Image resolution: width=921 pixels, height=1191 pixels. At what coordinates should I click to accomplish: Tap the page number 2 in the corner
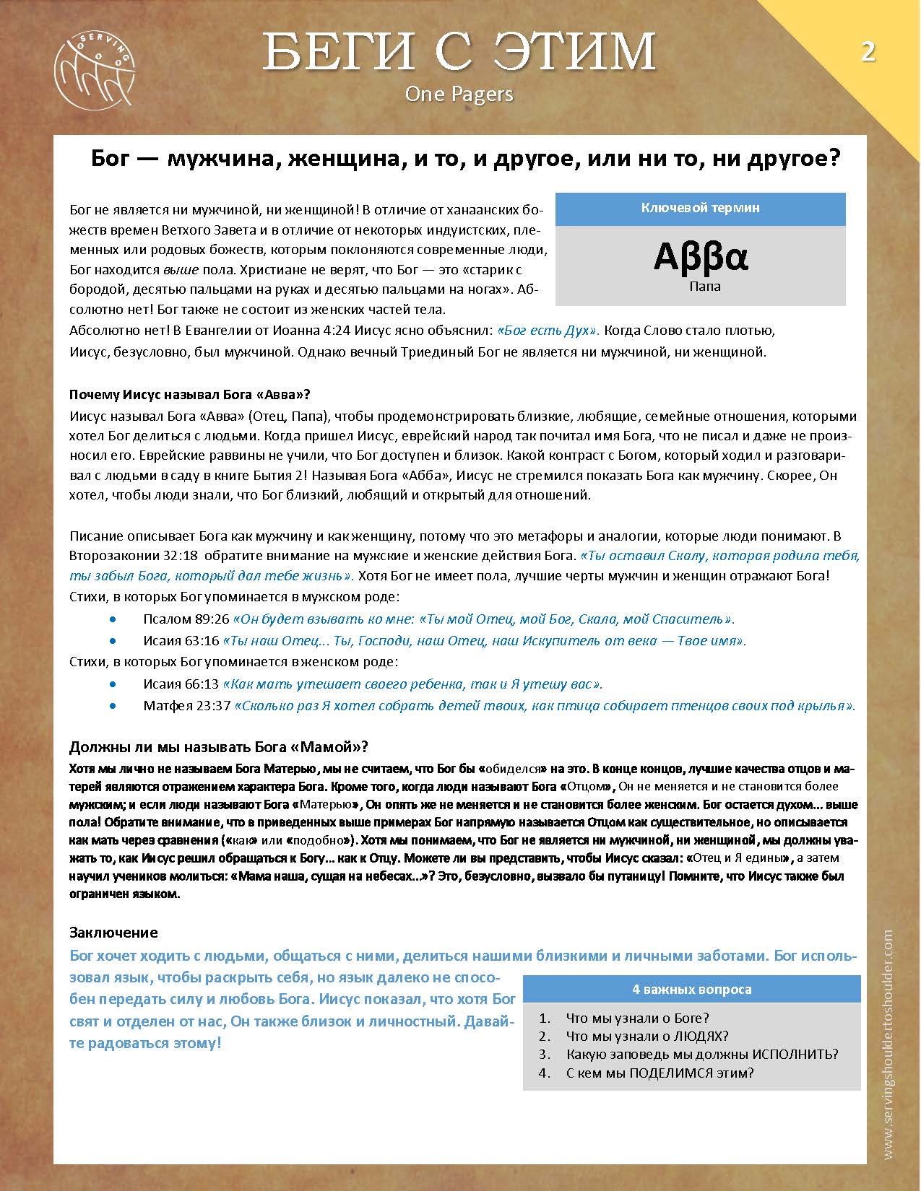867,52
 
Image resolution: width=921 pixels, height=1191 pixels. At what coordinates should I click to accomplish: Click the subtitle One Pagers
459,93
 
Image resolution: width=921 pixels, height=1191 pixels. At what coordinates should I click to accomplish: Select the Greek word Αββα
700,257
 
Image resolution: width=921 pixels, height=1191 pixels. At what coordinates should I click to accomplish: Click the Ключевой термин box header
700,208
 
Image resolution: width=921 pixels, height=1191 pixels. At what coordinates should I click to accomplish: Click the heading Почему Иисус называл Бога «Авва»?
189,395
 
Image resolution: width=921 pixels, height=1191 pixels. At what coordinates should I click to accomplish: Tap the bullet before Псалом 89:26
112,619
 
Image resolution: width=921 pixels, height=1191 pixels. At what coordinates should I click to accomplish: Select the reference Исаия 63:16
181,641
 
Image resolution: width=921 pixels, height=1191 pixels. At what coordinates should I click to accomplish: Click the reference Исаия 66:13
181,684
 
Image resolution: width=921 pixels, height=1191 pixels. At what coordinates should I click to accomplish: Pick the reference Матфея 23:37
186,706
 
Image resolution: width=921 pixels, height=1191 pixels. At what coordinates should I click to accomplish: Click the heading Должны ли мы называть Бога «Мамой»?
219,746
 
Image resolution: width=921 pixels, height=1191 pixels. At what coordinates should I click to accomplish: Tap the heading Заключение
113,932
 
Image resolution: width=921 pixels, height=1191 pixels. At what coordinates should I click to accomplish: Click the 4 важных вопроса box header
691,989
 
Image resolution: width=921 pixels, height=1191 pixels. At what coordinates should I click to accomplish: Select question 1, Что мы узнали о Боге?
637,1018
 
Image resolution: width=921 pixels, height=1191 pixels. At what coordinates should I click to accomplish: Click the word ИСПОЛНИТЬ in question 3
795,1054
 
